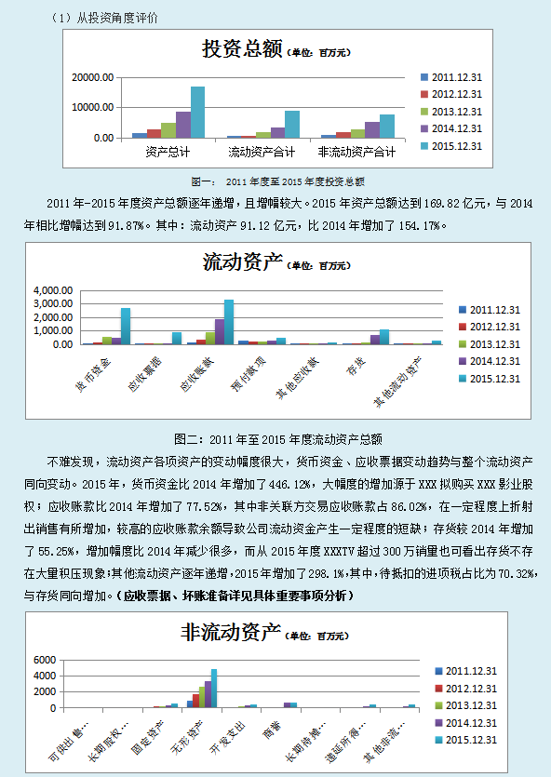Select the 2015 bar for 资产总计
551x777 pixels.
(x=197, y=113)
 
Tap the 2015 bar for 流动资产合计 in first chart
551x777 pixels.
(x=292, y=125)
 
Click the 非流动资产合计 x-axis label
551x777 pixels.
(x=357, y=152)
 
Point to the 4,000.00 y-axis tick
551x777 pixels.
(x=52, y=291)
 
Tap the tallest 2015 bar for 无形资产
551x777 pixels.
(x=213, y=688)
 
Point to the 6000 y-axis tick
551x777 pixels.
(x=46, y=660)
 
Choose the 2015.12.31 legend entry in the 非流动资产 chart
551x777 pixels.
(x=472, y=740)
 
